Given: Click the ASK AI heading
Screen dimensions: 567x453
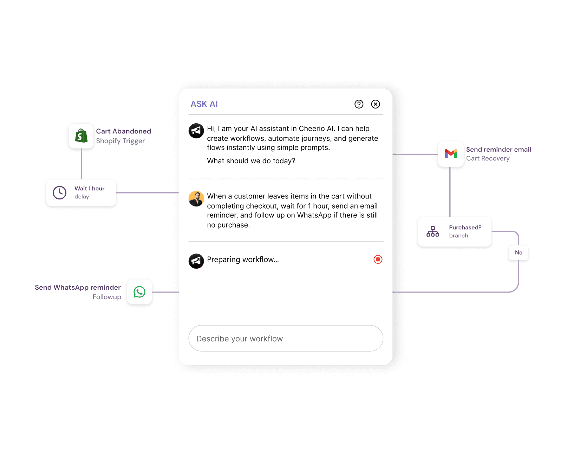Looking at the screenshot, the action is click(x=204, y=104).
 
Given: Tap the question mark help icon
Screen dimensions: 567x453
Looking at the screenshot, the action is click(x=359, y=104).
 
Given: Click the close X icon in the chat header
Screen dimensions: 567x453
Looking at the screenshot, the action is click(x=376, y=104).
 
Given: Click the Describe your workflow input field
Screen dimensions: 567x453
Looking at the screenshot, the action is click(x=286, y=339).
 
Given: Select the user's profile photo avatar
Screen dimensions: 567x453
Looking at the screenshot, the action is click(x=196, y=199).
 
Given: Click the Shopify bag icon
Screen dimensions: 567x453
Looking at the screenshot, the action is click(x=81, y=136).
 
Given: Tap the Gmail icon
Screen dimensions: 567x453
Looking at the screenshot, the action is click(x=451, y=154).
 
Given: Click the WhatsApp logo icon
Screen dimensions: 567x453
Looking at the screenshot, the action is click(x=139, y=292).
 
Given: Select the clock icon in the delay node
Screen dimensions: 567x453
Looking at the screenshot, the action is click(x=60, y=192).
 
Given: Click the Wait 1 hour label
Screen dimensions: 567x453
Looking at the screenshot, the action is click(x=90, y=189).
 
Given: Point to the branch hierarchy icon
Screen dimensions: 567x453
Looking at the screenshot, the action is click(x=433, y=231).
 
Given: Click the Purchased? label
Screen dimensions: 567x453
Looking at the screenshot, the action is click(x=465, y=228).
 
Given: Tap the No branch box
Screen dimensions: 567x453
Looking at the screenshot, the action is click(x=519, y=252).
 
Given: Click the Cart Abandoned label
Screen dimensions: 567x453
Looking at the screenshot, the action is click(x=124, y=131).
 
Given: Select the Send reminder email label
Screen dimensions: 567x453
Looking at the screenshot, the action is click(x=498, y=150).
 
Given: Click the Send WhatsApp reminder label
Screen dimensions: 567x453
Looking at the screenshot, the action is click(x=78, y=288).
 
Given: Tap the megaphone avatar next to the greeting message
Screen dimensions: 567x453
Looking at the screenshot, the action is click(x=196, y=131).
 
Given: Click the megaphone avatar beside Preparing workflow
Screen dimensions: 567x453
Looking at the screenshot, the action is click(x=196, y=261).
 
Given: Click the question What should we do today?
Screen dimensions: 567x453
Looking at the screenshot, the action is click(x=251, y=161).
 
